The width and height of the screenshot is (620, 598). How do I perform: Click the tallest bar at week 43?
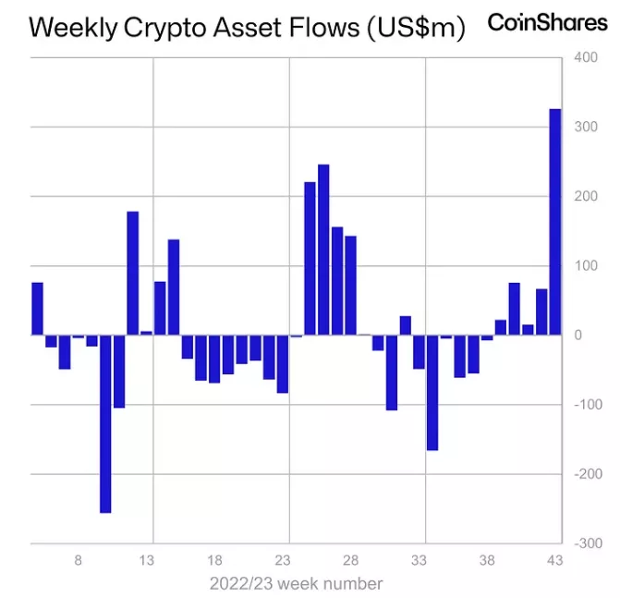pyautogui.click(x=555, y=222)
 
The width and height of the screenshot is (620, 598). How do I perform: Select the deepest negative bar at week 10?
pyautogui.click(x=105, y=423)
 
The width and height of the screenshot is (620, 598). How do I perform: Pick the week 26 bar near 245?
pyautogui.click(x=323, y=250)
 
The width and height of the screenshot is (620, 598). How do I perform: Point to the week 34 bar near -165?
pyautogui.click(x=432, y=393)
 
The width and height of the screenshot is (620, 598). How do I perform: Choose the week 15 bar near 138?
pyautogui.click(x=174, y=287)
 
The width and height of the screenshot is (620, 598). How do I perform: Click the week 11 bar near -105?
pyautogui.click(x=119, y=371)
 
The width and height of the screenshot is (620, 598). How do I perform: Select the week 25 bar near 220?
pyautogui.click(x=310, y=259)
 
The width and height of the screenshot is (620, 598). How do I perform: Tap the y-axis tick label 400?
pyautogui.click(x=586, y=57)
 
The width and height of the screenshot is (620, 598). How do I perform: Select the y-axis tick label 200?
pyautogui.click(x=586, y=197)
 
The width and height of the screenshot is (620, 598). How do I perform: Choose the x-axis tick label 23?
pyautogui.click(x=283, y=560)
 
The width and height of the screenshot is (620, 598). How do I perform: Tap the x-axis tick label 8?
pyautogui.click(x=79, y=560)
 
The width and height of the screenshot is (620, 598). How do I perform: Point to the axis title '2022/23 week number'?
pyautogui.click(x=295, y=584)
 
